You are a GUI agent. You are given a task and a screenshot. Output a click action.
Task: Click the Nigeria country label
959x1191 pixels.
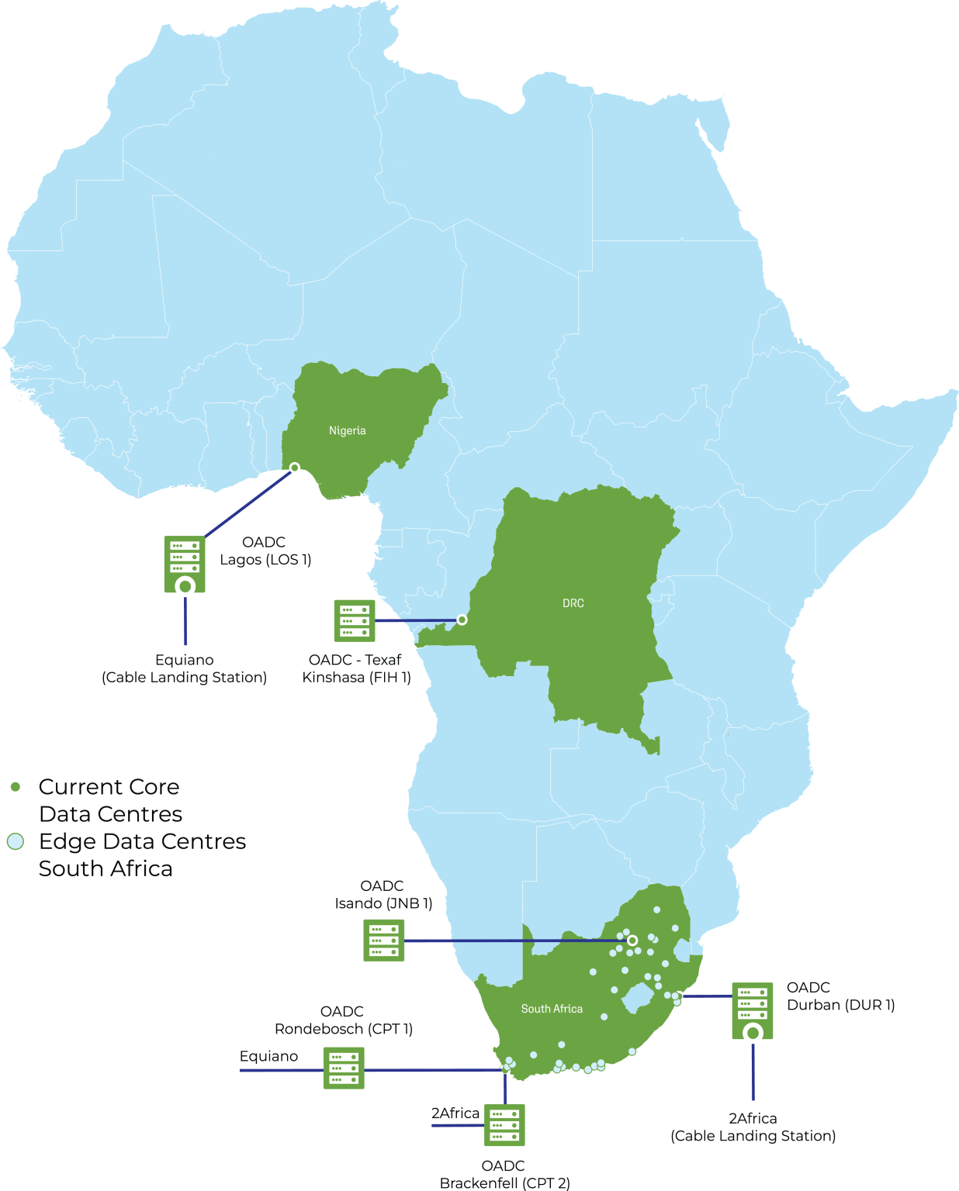pyautogui.click(x=347, y=430)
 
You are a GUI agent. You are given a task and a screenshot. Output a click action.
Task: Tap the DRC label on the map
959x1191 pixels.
pyautogui.click(x=573, y=602)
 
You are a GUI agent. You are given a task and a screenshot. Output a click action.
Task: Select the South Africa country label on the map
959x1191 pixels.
pyautogui.click(x=552, y=1008)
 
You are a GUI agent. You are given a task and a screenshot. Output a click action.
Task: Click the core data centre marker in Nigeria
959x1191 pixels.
pyautogui.click(x=295, y=468)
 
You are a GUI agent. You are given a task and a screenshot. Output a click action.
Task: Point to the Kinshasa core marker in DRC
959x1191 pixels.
pyautogui.click(x=462, y=620)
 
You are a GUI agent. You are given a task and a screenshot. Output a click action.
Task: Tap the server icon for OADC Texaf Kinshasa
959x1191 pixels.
pyautogui.click(x=355, y=620)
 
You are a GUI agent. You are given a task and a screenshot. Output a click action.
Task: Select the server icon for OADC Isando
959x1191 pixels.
pyautogui.click(x=384, y=941)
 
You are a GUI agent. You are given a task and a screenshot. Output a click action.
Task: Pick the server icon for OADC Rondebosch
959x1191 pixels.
pyautogui.click(x=344, y=1068)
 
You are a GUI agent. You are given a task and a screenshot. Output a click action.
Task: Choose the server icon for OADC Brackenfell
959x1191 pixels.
pyautogui.click(x=504, y=1125)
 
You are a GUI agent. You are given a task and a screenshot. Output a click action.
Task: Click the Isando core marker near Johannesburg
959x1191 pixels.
pyautogui.click(x=632, y=941)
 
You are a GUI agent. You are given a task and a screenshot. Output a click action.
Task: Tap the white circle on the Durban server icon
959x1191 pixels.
pyautogui.click(x=753, y=1033)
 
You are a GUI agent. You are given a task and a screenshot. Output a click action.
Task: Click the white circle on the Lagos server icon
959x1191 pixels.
pyautogui.click(x=185, y=586)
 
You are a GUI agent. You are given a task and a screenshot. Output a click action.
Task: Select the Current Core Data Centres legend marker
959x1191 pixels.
pyautogui.click(x=16, y=787)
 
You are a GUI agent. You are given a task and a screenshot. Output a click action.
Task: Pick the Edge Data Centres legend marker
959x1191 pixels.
pyautogui.click(x=16, y=841)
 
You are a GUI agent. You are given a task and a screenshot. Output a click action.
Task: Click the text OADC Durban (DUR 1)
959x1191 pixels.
pyautogui.click(x=840, y=996)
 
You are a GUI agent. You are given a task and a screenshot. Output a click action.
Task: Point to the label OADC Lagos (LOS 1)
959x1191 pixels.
pyautogui.click(x=265, y=551)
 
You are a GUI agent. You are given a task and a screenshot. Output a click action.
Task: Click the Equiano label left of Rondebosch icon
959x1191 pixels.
pyautogui.click(x=268, y=1056)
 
